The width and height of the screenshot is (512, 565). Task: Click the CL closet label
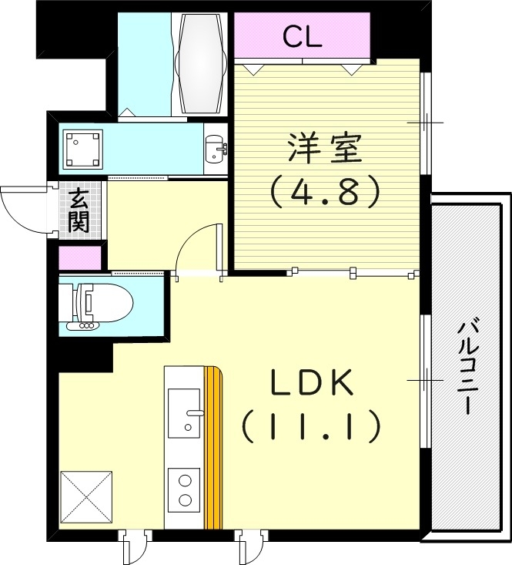302,36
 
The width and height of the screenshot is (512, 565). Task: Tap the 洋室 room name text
324,148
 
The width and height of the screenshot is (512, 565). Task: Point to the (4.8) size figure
324,190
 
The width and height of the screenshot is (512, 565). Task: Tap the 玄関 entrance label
78,211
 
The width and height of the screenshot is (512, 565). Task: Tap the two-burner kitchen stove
185,489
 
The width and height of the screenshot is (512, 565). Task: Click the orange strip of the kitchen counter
213,447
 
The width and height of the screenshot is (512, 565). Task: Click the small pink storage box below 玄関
80,258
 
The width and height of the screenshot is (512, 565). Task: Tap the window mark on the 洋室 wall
426,123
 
